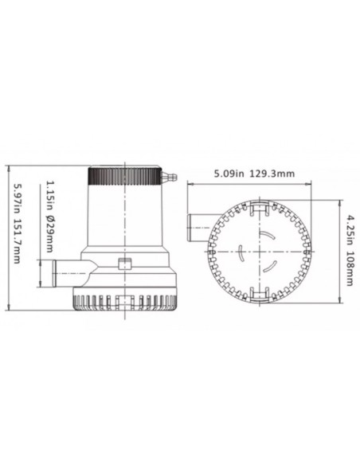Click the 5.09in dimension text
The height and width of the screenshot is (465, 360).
coord(229,174)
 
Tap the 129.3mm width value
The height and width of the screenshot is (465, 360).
coord(272,174)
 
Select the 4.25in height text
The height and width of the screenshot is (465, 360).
coord(350,226)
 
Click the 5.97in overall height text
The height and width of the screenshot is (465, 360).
coord(18,198)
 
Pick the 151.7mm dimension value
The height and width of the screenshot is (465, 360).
coord(18,241)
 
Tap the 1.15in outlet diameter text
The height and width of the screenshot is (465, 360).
coord(49,195)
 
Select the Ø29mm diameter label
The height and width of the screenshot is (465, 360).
coord(49,233)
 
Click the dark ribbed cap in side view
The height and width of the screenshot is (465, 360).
coord(125,176)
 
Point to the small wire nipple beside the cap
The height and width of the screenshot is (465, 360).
coord(169,177)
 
